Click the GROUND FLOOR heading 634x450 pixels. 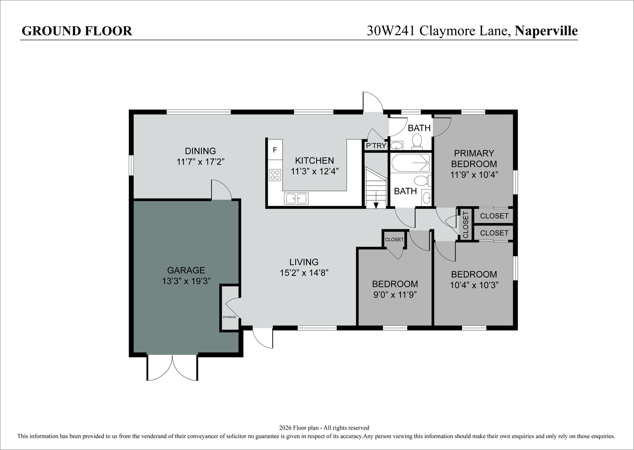(x=77, y=31)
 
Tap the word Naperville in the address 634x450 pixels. (x=546, y=31)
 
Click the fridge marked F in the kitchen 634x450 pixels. (x=275, y=150)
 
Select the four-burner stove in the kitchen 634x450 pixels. (x=275, y=175)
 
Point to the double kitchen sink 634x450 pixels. (x=296, y=199)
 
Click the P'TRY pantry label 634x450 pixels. (x=376, y=146)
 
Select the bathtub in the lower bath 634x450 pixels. (x=410, y=163)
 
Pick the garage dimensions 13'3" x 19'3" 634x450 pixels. (x=186, y=281)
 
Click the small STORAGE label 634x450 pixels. (x=229, y=317)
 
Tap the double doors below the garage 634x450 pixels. (x=173, y=368)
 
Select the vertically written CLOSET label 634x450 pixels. (x=466, y=224)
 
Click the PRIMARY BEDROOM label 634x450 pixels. (x=474, y=158)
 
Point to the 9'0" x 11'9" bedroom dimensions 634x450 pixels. (x=395, y=295)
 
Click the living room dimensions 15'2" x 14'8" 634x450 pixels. (x=304, y=273)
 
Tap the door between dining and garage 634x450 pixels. (x=221, y=191)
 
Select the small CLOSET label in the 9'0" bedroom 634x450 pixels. (x=394, y=240)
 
